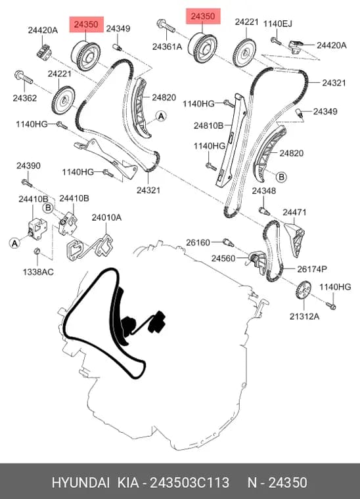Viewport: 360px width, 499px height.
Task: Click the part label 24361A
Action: pyautogui.click(x=167, y=47)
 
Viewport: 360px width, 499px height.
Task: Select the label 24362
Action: pyautogui.click(x=24, y=98)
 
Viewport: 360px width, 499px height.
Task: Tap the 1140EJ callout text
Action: pyautogui.click(x=277, y=24)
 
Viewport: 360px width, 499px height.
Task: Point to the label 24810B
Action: pyautogui.click(x=208, y=125)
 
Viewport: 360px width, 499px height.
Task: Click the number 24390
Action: pyautogui.click(x=28, y=165)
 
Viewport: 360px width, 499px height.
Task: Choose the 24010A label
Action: pyautogui.click(x=106, y=217)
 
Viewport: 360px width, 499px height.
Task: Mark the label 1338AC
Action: pyautogui.click(x=38, y=272)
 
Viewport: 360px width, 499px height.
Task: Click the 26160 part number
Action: pyautogui.click(x=198, y=242)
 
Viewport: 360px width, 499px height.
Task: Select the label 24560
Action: pyautogui.click(x=223, y=258)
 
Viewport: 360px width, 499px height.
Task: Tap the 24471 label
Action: pyautogui.click(x=294, y=212)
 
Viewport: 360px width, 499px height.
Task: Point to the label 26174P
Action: pyautogui.click(x=312, y=269)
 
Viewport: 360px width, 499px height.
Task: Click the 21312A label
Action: pyautogui.click(x=304, y=316)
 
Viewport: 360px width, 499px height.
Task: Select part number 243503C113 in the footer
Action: pyautogui.click(x=189, y=483)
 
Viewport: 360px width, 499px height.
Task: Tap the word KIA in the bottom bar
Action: pyautogui.click(x=128, y=483)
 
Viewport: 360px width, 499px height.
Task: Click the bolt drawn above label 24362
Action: pyautogui.click(x=24, y=77)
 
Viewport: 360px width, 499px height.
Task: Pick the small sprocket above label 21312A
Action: pyautogui.click(x=304, y=290)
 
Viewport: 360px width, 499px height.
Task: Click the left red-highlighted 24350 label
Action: pyautogui.click(x=87, y=24)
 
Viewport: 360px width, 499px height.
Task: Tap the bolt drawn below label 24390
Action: pyautogui.click(x=27, y=183)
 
